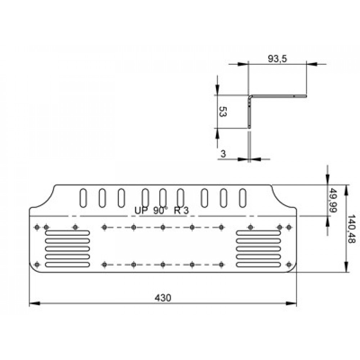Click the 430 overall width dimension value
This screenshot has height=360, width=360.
tap(163, 298)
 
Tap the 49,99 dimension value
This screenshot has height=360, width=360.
tap(333, 201)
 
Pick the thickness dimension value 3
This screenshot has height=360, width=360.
tap(223, 154)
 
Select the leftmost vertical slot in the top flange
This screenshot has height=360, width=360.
tap(83, 197)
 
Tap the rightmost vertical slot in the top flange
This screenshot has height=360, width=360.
tap(243, 197)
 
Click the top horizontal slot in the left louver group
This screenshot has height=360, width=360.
tap(67, 233)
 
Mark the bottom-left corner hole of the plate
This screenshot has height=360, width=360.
tap(37, 265)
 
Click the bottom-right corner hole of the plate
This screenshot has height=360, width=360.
tap(288, 265)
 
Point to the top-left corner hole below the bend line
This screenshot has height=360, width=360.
tap(37, 227)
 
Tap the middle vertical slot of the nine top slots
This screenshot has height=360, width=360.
tap(163, 197)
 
